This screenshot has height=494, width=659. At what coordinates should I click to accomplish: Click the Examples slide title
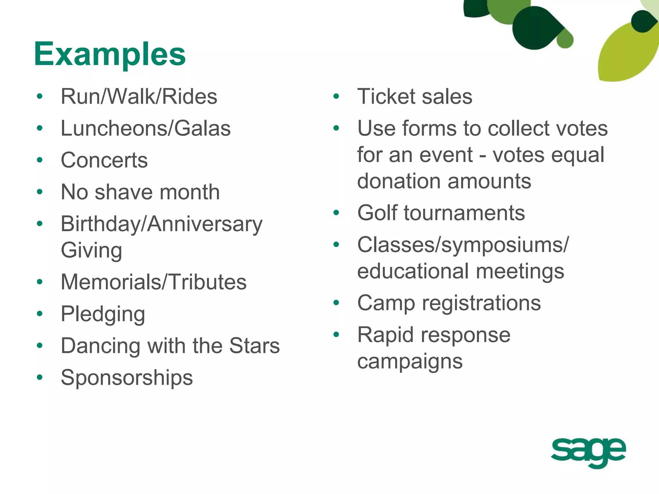(110, 54)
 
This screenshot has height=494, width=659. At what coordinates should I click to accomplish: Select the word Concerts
(104, 160)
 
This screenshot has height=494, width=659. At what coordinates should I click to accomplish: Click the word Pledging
(103, 314)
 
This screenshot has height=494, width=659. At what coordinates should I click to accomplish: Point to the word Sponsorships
(127, 378)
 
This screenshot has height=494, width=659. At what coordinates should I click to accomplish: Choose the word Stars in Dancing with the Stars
(255, 346)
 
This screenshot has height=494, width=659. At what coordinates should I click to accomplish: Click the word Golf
(377, 213)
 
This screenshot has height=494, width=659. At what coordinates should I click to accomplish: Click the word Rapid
(386, 335)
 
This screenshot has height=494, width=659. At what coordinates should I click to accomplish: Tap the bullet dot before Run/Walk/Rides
(40, 96)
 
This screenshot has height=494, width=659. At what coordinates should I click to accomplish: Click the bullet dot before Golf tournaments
(336, 213)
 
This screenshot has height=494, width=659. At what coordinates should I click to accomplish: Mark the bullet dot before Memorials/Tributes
(40, 282)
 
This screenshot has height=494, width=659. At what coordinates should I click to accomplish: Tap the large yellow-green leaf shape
(624, 55)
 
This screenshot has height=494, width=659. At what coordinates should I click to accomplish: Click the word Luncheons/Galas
(146, 128)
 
